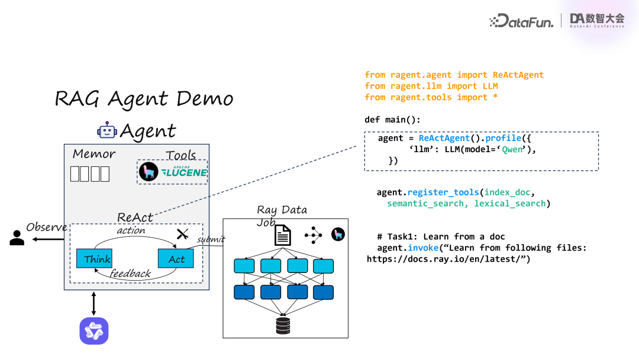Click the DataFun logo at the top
521,21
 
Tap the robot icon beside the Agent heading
107,130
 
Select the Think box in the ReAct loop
94,259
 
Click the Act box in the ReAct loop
176,259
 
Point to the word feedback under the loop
130,274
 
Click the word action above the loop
131,230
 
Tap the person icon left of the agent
17,238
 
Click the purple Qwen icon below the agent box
94,331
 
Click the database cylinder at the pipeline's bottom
283,325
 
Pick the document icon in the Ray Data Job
283,236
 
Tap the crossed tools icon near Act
182,234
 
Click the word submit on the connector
211,239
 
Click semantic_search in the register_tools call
425,204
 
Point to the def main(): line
392,120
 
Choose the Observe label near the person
47,227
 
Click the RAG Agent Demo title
144,99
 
